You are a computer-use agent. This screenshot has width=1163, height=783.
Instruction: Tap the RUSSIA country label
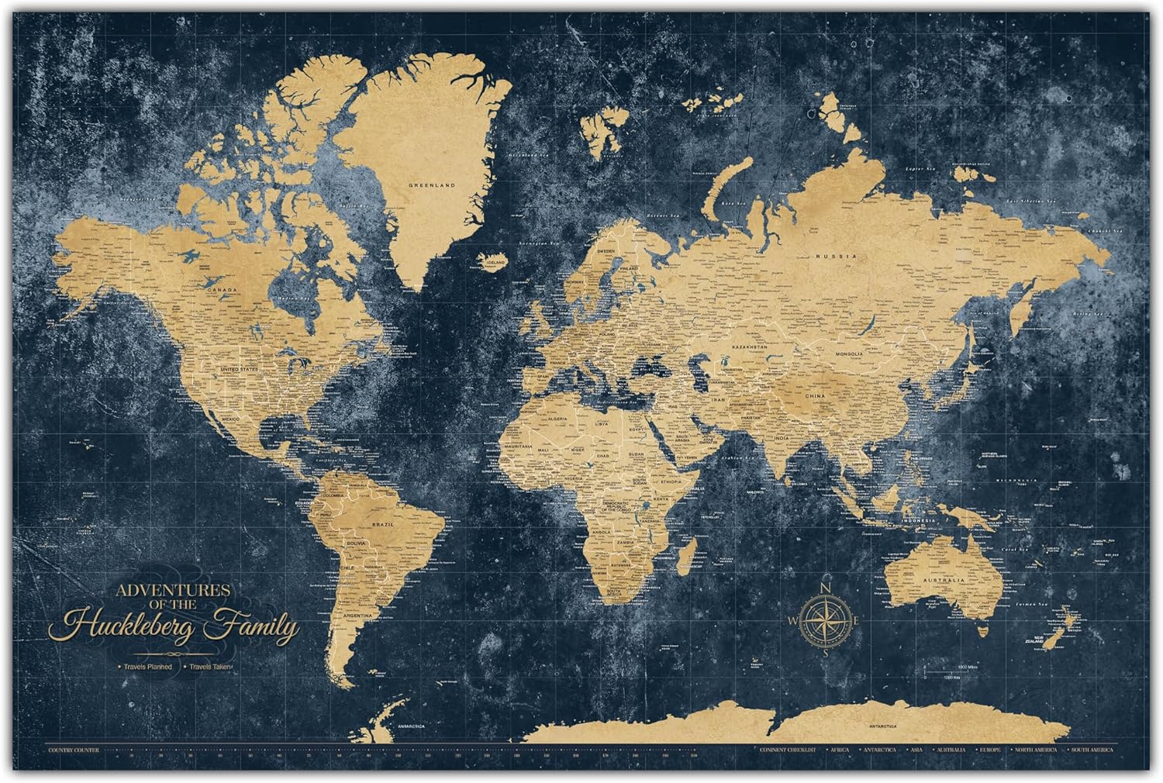pyautogui.click(x=839, y=256)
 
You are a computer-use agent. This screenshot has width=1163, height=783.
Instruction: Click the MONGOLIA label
pyautogui.click(x=850, y=354)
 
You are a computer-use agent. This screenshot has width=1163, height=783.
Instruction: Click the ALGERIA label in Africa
pyautogui.click(x=558, y=418)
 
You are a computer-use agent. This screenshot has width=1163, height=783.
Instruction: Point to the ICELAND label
pyautogui.click(x=495, y=262)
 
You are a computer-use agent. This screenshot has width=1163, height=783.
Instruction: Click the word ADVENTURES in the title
pyautogui.click(x=172, y=590)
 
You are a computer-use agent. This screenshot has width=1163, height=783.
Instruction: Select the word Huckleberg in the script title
pyautogui.click(x=135, y=625)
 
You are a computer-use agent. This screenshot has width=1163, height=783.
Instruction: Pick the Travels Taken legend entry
pyautogui.click(x=209, y=666)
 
